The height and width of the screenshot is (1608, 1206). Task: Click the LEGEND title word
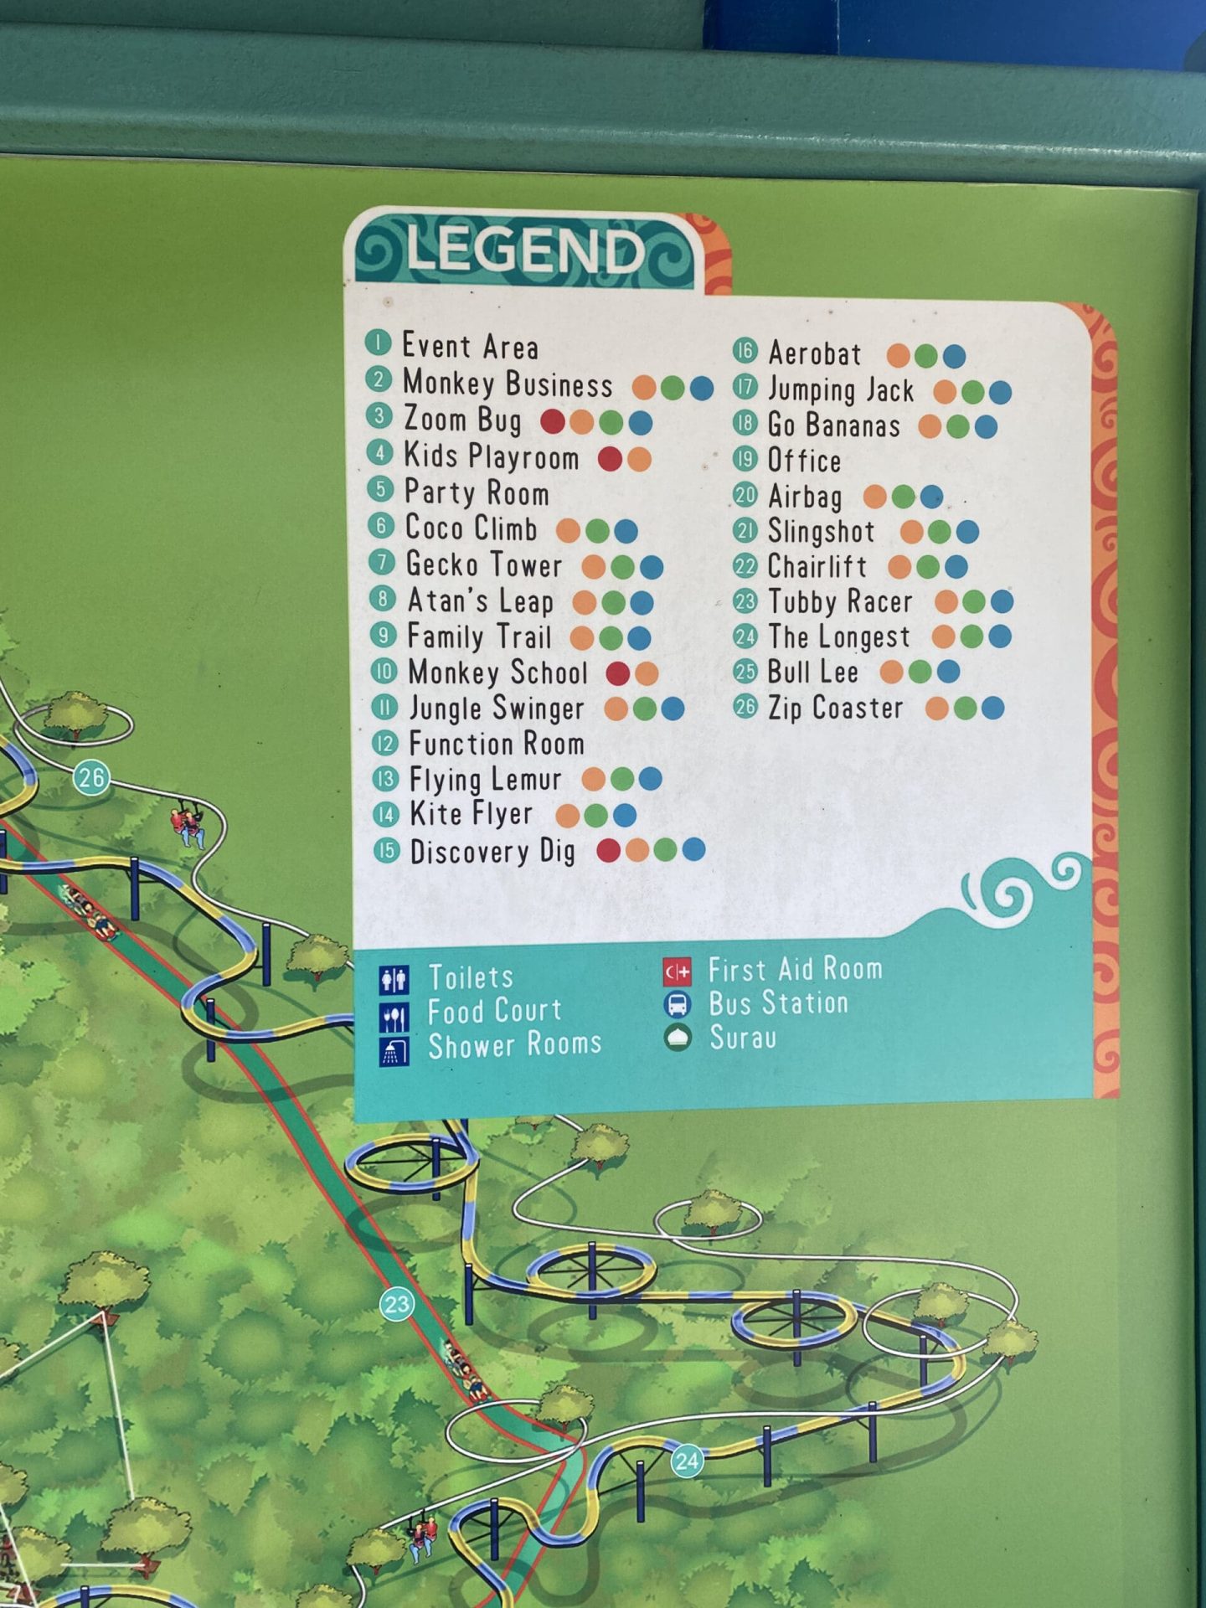[x=526, y=250]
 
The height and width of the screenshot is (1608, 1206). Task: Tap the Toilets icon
[x=394, y=979]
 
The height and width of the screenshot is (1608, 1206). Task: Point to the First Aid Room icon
[x=678, y=971]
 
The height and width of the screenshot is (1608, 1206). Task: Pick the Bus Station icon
[x=678, y=1004]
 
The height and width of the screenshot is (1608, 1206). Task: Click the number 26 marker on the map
[x=91, y=778]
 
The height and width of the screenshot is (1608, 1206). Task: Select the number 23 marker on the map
[x=397, y=1304]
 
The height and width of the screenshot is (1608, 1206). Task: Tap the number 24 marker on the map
[x=687, y=1461]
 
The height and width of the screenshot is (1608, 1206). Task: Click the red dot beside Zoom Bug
[x=553, y=421]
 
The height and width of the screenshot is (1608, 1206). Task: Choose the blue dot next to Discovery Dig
[x=693, y=850]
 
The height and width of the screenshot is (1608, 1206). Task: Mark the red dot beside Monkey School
[x=618, y=673]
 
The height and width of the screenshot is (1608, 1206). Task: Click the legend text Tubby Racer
[x=840, y=601]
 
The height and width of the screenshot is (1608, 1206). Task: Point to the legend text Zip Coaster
[x=836, y=709]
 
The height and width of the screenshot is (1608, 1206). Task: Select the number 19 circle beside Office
[x=745, y=459]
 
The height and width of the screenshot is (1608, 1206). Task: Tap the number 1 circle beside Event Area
[x=379, y=343]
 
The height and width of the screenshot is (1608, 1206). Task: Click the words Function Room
[x=496, y=744]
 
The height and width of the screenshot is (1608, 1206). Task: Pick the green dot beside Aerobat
[x=926, y=356]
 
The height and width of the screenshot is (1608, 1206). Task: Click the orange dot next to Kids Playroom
[x=639, y=459]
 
